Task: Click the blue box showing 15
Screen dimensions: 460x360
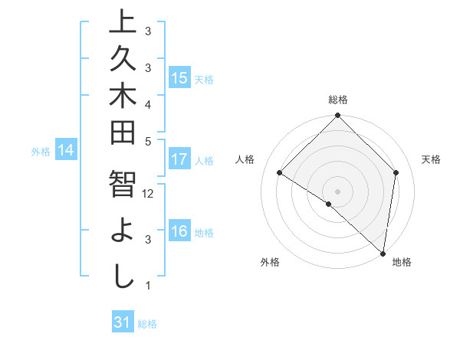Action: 179,78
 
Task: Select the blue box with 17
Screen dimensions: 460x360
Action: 179,160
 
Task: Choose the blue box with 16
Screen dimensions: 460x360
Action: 179,232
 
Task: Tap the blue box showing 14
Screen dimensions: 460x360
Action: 66,151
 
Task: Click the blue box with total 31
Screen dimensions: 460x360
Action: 123,322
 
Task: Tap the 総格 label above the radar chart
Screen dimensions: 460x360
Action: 338,100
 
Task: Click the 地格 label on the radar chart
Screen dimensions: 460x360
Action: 402,263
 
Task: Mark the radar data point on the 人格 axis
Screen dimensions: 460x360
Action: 280,173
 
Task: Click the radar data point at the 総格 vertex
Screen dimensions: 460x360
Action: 337,116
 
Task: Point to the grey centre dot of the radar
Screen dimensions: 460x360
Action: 337,191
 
